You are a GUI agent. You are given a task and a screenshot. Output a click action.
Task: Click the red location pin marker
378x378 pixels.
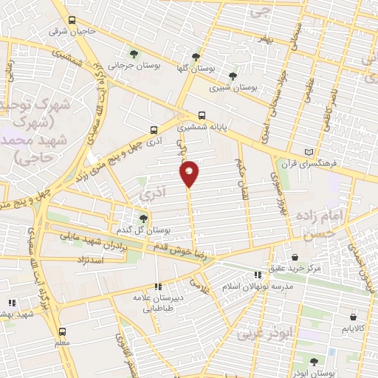click(190, 173)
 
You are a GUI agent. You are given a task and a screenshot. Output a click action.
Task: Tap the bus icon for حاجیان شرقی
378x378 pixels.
click(72, 21)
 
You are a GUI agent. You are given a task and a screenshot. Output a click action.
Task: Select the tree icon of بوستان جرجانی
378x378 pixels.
click(133, 53)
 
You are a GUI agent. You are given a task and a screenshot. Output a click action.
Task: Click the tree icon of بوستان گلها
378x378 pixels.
click(196, 56)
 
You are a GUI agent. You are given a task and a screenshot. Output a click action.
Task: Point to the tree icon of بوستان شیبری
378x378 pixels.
click(233, 75)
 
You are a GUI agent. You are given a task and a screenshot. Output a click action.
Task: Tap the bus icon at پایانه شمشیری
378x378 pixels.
click(202, 115)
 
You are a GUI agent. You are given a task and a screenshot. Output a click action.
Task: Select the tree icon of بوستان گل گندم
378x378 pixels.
click(144, 218)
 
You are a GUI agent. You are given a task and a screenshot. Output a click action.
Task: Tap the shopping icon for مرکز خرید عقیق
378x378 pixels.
click(295, 257)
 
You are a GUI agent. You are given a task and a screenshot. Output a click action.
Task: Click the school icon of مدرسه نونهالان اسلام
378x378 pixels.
click(257, 274)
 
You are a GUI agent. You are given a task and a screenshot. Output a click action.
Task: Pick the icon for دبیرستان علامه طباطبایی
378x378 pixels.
click(157, 286)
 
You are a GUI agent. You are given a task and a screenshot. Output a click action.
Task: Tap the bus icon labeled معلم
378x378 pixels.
click(61, 331)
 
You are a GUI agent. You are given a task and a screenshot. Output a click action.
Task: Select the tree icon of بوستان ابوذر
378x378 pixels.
click(315, 362)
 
